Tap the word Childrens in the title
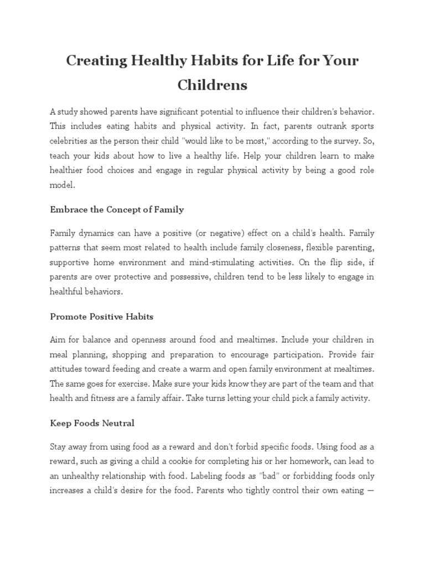click(x=212, y=85)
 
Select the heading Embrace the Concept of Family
click(x=117, y=210)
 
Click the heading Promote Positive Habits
click(x=102, y=317)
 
